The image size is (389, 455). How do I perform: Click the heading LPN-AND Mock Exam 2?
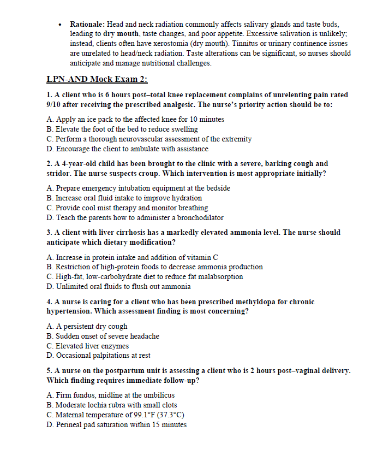pos(97,79)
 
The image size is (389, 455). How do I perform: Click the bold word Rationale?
pos(87,25)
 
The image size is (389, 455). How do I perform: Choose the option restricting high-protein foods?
pos(155,267)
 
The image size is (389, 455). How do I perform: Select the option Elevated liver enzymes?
pos(88,346)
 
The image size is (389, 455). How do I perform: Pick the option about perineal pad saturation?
pos(117,424)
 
